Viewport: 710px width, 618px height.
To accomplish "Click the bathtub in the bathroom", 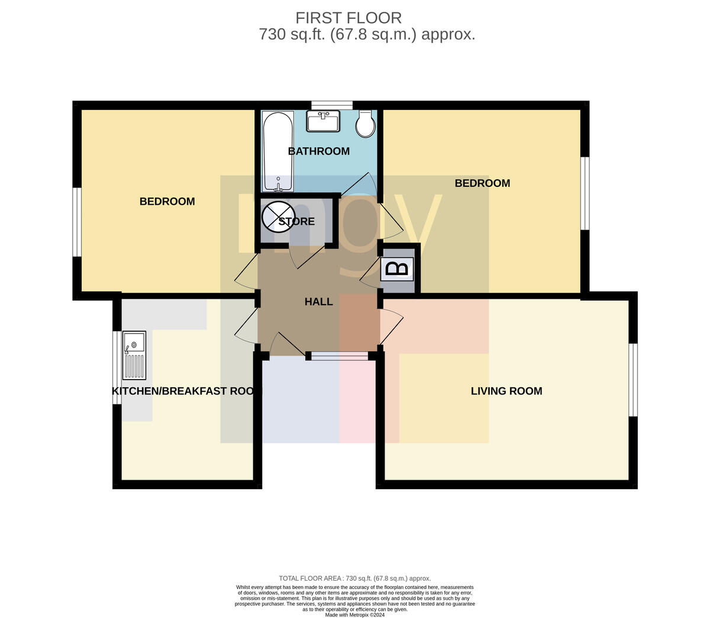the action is pos(277,151).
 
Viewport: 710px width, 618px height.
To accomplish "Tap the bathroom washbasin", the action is pos(322,121).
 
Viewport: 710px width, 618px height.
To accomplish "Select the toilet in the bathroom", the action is pos(366,124).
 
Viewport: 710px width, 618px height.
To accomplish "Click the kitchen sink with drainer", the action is pos(134,355).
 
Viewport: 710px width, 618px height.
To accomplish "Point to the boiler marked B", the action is pos(397,268).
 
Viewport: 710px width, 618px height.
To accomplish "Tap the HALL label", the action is pos(318,302).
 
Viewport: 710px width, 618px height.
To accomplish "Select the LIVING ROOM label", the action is pos(506,391).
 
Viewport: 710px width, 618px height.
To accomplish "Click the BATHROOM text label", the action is pos(318,151).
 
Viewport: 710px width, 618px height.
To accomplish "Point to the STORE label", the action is pos(296,221).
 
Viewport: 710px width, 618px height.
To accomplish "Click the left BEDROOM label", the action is pos(167,202).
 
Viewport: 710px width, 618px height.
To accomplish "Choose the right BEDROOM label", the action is pos(482,183).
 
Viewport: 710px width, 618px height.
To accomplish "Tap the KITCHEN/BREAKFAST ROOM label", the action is pos(183,391).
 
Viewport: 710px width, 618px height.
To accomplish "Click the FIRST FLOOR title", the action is pos(348,18).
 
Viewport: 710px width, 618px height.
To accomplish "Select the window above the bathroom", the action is pos(332,105).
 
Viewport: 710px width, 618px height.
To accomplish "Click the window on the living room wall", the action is pos(633,380).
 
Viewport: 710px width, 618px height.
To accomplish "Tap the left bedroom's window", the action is pos(77,222).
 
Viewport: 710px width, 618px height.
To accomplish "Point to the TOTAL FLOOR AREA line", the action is pos(354,578).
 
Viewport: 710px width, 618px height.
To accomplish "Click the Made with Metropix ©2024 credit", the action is pos(354,615).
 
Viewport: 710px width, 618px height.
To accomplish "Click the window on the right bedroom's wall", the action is pos(585,193).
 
